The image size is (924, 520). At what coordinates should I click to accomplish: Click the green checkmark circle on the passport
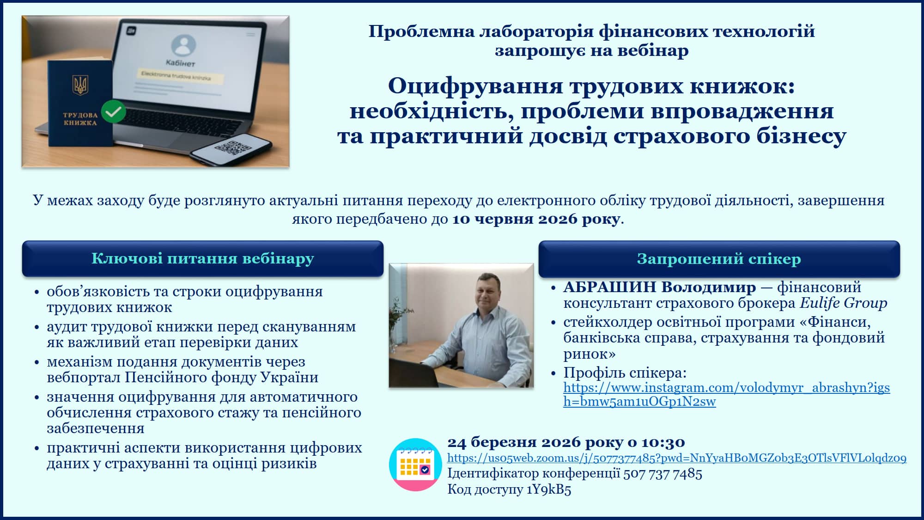[x=113, y=111]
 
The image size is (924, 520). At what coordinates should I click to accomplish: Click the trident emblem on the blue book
[x=80, y=85]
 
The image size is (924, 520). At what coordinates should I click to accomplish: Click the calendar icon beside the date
[x=415, y=465]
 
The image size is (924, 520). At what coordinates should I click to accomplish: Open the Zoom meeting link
[x=677, y=458]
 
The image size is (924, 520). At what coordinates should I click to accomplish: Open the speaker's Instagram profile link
[x=726, y=394]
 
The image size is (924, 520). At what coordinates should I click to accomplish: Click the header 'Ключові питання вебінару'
[x=203, y=258]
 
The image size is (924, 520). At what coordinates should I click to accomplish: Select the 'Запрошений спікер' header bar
[x=719, y=259]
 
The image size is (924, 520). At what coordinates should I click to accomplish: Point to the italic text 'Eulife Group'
[x=843, y=303]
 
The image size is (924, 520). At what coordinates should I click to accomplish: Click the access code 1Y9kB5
[x=549, y=489]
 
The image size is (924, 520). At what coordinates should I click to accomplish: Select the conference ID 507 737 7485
[x=663, y=473]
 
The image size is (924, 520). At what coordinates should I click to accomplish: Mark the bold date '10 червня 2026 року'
[x=536, y=219]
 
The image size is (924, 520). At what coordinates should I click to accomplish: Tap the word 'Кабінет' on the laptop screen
[x=181, y=63]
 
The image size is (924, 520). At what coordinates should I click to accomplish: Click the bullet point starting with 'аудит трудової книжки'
[x=201, y=334]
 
